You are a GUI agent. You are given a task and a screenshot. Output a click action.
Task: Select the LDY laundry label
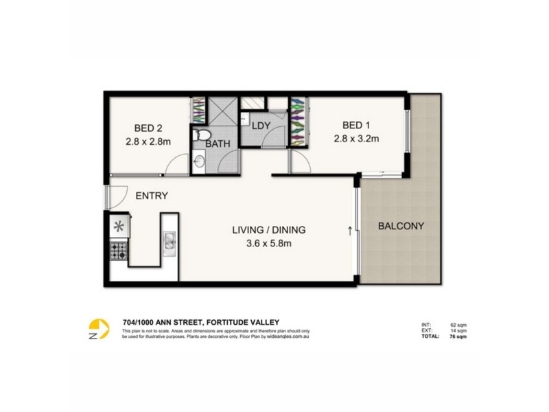[x=261, y=126]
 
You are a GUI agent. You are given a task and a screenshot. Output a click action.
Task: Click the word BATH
[x=218, y=144]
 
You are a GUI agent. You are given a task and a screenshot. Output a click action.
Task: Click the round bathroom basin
[x=199, y=163]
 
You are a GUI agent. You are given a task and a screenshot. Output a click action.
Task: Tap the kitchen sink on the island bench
[x=169, y=240]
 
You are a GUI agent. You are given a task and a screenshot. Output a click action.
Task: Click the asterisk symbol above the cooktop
[x=118, y=225]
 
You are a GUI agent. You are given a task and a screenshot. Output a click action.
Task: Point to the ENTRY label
[x=152, y=196]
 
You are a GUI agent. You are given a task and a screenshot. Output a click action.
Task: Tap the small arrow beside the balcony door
[x=351, y=229]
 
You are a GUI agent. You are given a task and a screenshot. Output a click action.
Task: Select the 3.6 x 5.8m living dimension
[x=268, y=242]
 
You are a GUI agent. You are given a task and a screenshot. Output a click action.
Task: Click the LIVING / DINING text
[x=268, y=230]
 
